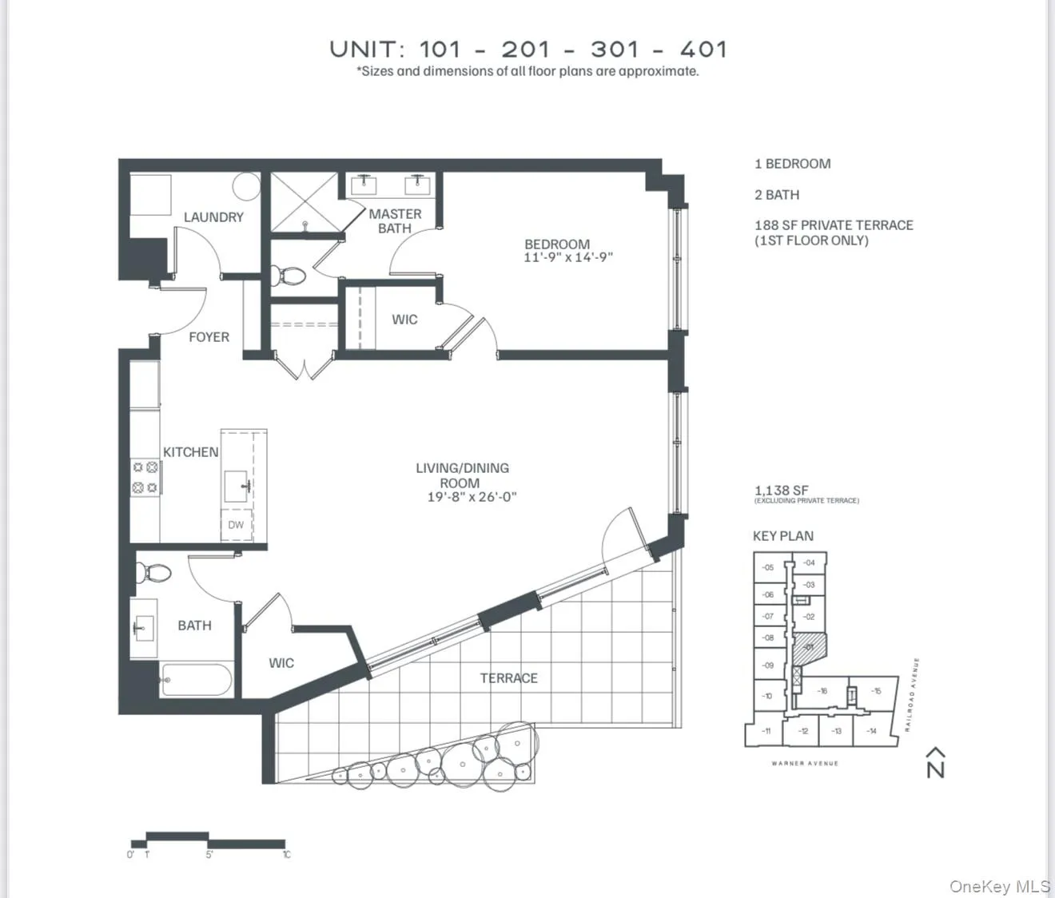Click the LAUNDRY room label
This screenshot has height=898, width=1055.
pyautogui.click(x=213, y=217)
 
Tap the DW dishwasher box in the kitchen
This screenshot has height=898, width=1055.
pyautogui.click(x=236, y=525)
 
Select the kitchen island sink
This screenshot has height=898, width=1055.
pyautogui.click(x=237, y=485)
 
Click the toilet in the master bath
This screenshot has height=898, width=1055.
pyautogui.click(x=288, y=276)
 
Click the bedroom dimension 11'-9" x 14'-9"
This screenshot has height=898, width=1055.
pyautogui.click(x=567, y=258)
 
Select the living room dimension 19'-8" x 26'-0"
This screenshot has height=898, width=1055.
pyautogui.click(x=472, y=497)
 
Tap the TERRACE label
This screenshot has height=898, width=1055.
pyautogui.click(x=508, y=678)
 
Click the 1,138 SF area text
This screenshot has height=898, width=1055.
pyautogui.click(x=781, y=491)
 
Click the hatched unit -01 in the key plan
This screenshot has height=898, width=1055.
pyautogui.click(x=808, y=646)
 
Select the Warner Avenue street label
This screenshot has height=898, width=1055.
pyautogui.click(x=805, y=764)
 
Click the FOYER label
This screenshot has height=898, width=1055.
pyautogui.click(x=209, y=337)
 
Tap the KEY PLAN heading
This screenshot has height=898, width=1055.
pyautogui.click(x=782, y=536)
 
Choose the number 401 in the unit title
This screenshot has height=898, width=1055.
pyautogui.click(x=703, y=50)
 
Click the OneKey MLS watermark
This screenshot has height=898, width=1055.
pyautogui.click(x=999, y=886)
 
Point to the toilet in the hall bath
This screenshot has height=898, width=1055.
pyautogui.click(x=153, y=573)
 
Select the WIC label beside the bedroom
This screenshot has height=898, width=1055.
pyautogui.click(x=404, y=320)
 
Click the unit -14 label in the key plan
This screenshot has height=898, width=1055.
pyautogui.click(x=871, y=731)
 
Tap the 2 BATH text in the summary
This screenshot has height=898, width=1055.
pyautogui.click(x=776, y=195)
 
